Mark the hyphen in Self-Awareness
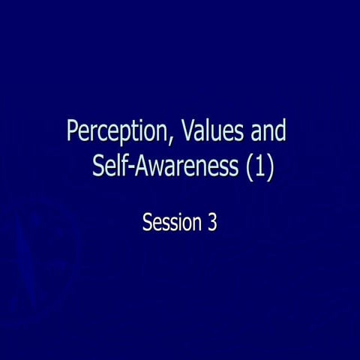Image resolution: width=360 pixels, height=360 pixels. pos(126,168)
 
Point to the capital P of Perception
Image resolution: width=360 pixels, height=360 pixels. pos(73,132)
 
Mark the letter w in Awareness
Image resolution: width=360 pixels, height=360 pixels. pos(153,167)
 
